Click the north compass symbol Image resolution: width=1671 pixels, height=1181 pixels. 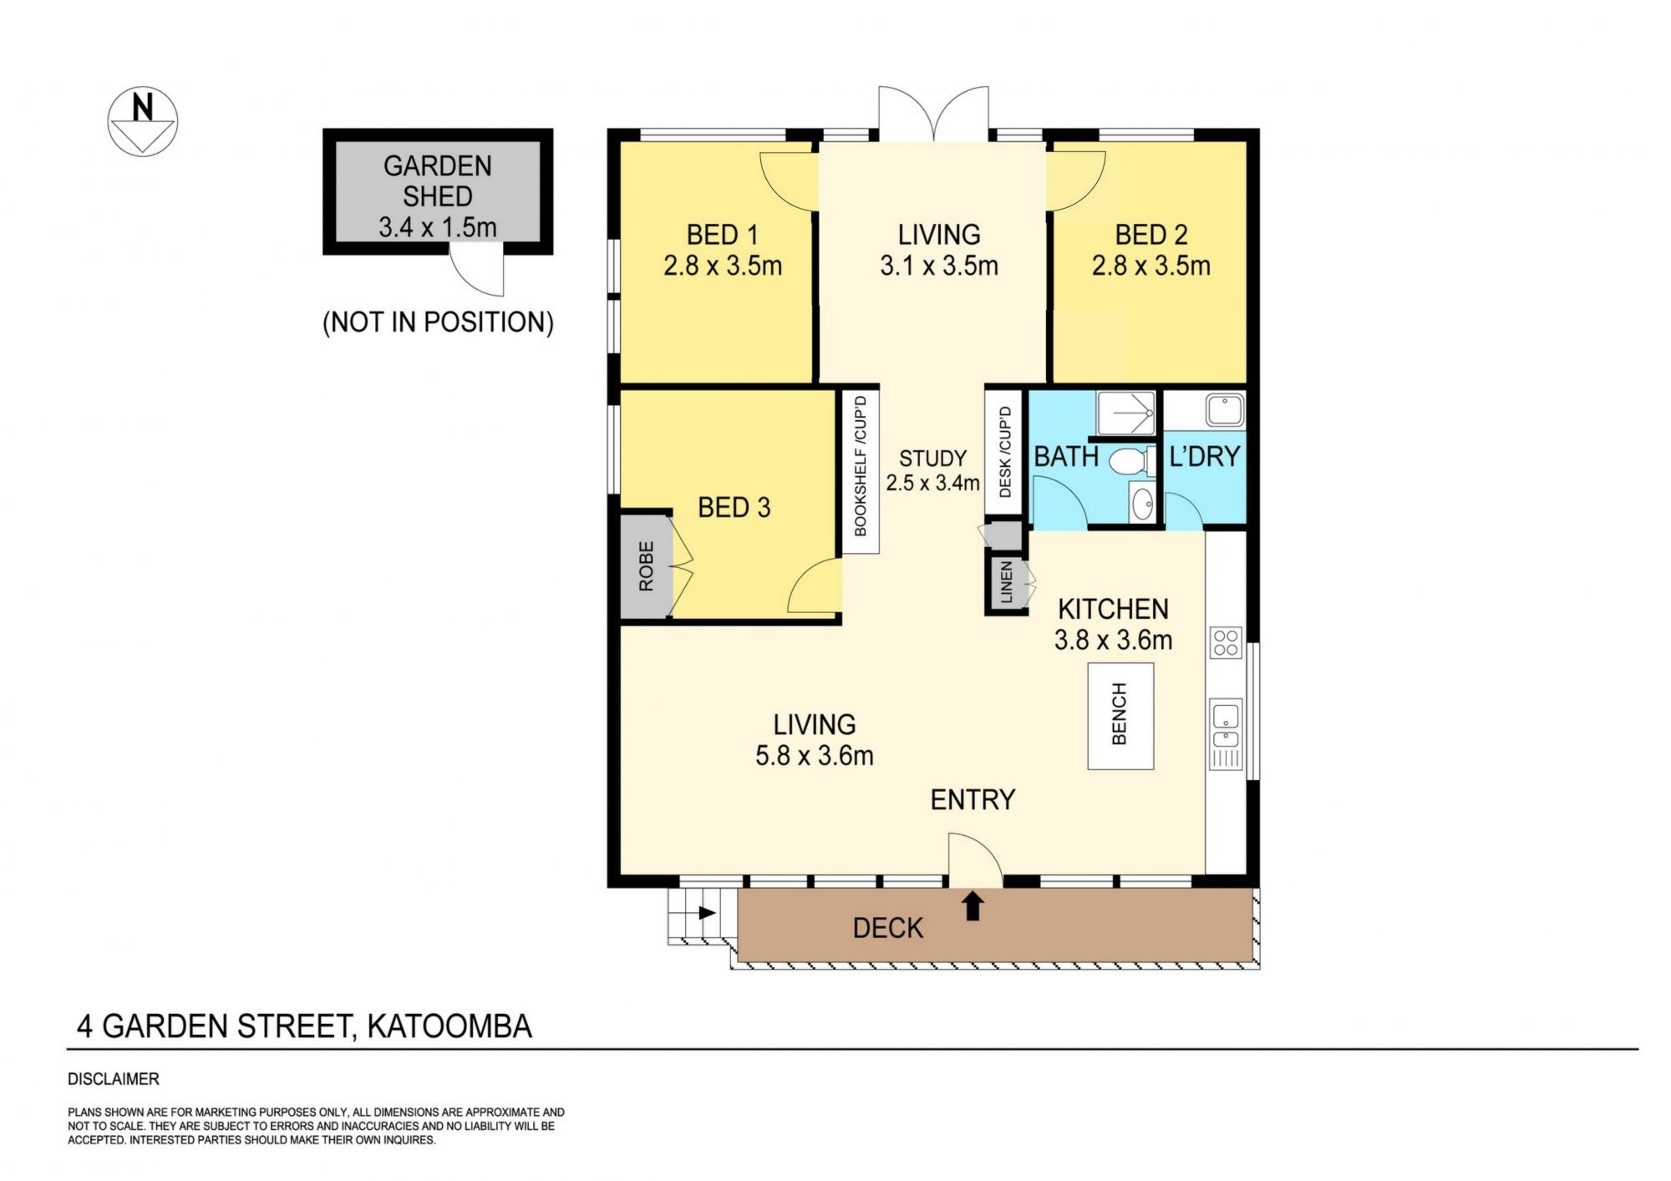pyautogui.click(x=142, y=122)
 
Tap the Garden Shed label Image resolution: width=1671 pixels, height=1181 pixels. pyautogui.click(x=438, y=180)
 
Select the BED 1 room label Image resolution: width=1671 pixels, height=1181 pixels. pyautogui.click(x=723, y=235)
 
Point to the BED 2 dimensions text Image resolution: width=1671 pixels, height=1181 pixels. pyautogui.click(x=1150, y=266)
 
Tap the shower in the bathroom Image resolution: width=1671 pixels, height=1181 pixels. pyautogui.click(x=1125, y=413)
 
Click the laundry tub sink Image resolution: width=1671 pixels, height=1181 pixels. pyautogui.click(x=1224, y=411)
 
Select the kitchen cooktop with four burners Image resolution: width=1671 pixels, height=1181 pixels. pyautogui.click(x=1226, y=643)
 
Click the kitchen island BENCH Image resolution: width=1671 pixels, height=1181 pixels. pyautogui.click(x=1120, y=716)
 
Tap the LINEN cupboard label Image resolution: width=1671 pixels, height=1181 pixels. pyautogui.click(x=1006, y=582)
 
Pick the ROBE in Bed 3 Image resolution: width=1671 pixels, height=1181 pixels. pyautogui.click(x=646, y=567)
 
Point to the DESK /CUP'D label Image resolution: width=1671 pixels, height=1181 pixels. pyautogui.click(x=1005, y=452)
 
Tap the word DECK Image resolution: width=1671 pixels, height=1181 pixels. pyautogui.click(x=888, y=928)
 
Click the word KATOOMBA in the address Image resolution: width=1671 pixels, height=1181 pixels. pyautogui.click(x=449, y=1026)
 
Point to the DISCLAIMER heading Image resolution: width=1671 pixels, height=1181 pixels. pyautogui.click(x=114, y=1079)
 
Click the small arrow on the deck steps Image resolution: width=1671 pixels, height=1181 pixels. pyautogui.click(x=707, y=913)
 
